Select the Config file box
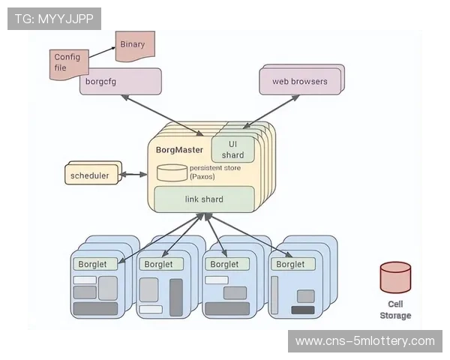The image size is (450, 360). (x=69, y=62)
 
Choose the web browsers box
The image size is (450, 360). (x=299, y=81)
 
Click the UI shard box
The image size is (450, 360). (x=232, y=148)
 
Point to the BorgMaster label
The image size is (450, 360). (x=179, y=149)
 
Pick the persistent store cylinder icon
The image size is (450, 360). (x=172, y=172)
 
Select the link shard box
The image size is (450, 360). (x=204, y=199)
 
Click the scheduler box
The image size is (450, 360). (x=89, y=176)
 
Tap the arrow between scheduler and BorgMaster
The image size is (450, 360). (x=134, y=175)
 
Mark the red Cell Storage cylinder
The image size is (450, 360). (x=395, y=277)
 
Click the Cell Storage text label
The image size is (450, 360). (x=395, y=310)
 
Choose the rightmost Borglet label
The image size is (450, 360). (x=290, y=264)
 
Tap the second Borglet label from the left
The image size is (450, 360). (x=159, y=264)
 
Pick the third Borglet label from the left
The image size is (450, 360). (x=224, y=264)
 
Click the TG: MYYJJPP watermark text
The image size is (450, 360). (x=53, y=19)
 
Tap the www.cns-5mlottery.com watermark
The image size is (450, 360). (x=365, y=341)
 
